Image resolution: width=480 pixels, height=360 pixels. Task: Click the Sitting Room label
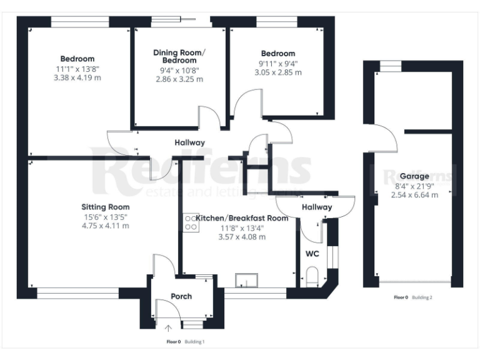105,207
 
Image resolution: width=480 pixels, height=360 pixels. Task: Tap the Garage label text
414,177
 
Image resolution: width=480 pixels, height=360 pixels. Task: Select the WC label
311,254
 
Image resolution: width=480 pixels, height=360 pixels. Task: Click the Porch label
181,296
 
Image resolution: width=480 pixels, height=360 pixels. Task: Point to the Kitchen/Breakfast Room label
242,218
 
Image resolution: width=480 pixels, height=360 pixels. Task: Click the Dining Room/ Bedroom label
179,56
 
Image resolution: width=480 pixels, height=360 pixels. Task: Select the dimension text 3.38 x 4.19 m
78,78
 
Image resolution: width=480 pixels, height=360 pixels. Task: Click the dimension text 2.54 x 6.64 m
414,195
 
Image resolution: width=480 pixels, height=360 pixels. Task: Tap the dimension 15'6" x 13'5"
105,216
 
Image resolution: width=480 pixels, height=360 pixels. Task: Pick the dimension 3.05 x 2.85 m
278,72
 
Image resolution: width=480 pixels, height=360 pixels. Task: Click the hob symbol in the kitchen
190,222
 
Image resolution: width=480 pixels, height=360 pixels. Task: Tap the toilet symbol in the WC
312,276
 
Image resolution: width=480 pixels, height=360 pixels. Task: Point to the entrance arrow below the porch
169,327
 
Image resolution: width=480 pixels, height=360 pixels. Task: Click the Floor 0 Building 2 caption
413,297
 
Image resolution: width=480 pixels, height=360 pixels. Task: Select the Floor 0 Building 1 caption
186,342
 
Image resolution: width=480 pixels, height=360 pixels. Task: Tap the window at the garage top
392,64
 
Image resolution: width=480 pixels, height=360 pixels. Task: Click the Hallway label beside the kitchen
317,207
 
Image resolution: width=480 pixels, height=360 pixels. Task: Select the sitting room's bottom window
77,292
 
